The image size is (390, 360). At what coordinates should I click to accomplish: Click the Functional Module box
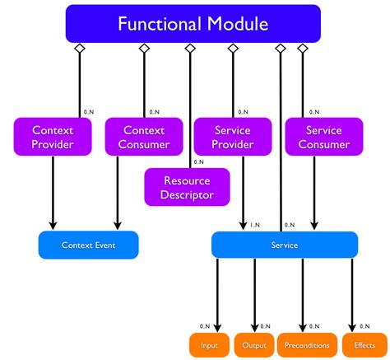(x=193, y=24)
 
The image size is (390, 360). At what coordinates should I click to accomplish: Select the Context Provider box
(x=53, y=137)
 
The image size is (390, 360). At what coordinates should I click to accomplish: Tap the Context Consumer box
(x=144, y=137)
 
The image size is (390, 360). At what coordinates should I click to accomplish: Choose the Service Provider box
(x=233, y=137)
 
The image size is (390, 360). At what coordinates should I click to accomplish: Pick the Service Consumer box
(x=323, y=137)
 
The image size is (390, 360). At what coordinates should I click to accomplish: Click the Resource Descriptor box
(x=188, y=187)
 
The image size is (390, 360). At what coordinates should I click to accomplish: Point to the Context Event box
(x=88, y=245)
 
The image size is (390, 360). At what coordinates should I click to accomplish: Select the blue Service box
(x=285, y=245)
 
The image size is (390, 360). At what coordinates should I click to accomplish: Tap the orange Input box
(x=209, y=345)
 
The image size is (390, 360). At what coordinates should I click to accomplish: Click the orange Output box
(x=254, y=345)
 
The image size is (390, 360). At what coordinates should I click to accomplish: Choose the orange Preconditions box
(x=309, y=345)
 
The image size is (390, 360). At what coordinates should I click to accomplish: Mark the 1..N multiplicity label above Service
(x=255, y=223)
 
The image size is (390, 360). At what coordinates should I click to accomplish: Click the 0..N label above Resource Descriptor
(x=198, y=162)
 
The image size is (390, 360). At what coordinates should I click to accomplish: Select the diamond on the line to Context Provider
(x=79, y=50)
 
